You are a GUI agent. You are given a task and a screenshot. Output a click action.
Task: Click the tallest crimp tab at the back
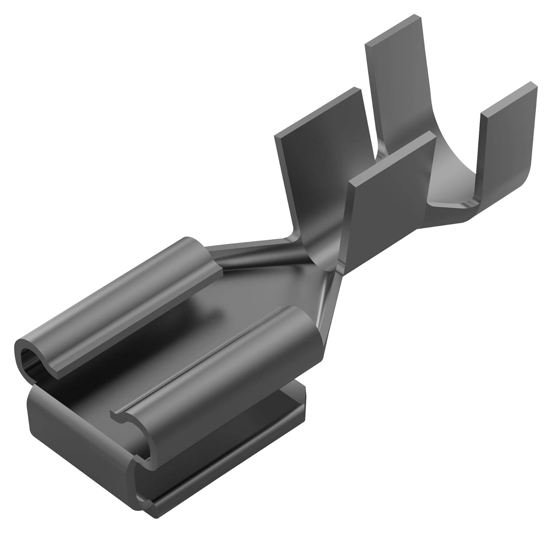(x=390, y=92)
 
